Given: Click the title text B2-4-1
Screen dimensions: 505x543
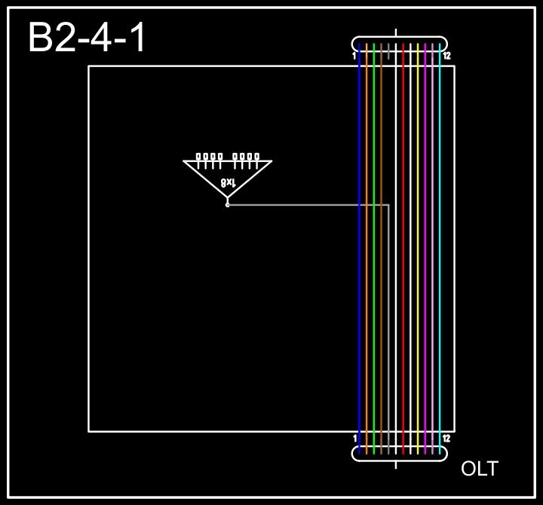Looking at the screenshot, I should click(x=87, y=38).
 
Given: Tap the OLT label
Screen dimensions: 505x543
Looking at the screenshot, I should click(x=479, y=469).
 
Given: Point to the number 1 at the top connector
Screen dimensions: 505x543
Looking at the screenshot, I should click(x=354, y=57).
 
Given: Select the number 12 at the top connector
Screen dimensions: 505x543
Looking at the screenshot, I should click(x=446, y=57).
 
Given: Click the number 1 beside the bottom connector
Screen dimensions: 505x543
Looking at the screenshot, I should click(x=354, y=438).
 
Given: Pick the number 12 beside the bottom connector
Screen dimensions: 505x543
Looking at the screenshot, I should click(x=446, y=438).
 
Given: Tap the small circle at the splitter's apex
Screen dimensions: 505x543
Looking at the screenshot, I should click(x=228, y=204).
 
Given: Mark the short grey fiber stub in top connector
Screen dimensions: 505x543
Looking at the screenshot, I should click(x=388, y=51).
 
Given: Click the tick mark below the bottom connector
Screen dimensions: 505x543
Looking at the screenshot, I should click(x=396, y=464).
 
